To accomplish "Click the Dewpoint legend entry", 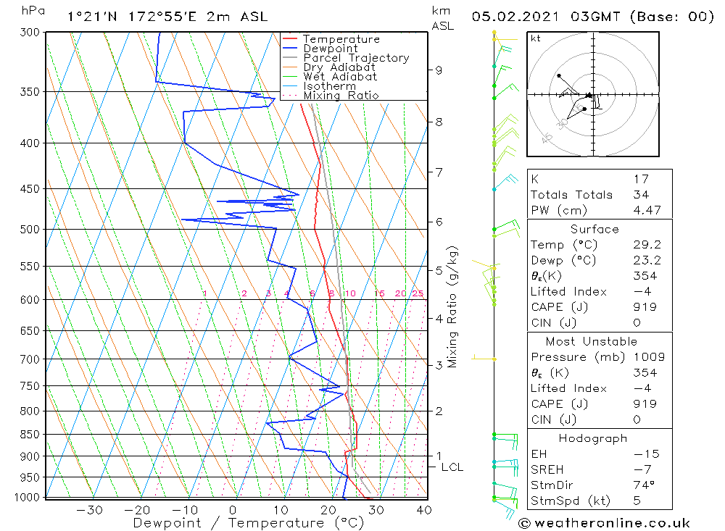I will click(330, 49).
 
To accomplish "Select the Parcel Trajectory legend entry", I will click(356, 58).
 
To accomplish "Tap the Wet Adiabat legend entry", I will click(340, 77).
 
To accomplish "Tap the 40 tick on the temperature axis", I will click(424, 510).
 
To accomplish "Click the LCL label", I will click(452, 467).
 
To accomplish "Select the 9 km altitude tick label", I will click(439, 70).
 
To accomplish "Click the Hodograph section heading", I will click(594, 439).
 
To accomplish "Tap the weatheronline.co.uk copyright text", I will click(604, 523).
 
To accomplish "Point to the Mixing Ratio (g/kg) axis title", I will click(452, 306).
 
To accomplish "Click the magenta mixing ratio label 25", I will click(418, 293).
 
